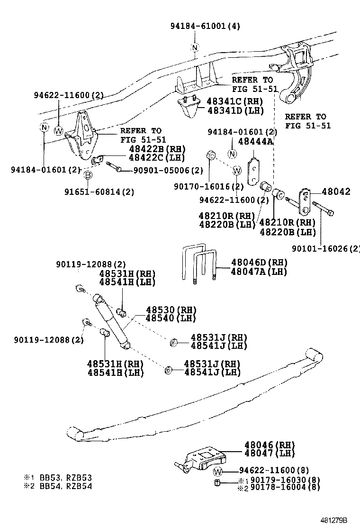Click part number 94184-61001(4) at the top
point(205,26)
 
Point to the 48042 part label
point(336,191)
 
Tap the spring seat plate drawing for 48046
point(203,460)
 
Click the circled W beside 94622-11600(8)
point(218,472)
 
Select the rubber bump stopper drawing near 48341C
point(189,107)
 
